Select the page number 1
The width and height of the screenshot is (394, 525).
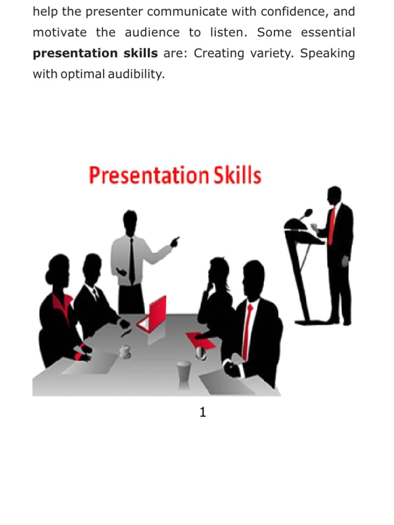pos(203,412)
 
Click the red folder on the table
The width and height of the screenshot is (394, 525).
pos(197,338)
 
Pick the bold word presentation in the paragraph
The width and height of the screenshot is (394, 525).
pos(68,54)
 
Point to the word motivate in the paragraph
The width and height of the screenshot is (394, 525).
pos(60,33)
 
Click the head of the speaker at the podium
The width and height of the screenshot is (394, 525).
pos(334,195)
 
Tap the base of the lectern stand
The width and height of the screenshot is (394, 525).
pos(311,321)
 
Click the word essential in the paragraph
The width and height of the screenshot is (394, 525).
pos(328,33)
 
